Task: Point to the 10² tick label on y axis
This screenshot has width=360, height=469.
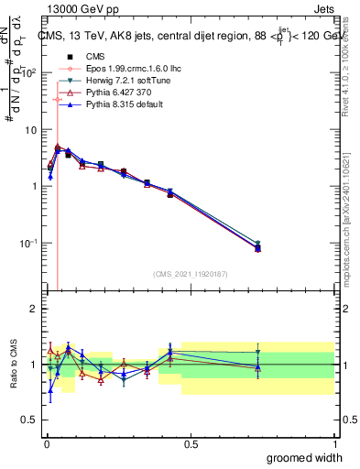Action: pyautogui.click(x=29, y=72)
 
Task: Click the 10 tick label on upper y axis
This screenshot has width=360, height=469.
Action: pyautogui.click(x=31, y=130)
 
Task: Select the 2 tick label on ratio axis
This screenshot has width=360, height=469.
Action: pyautogui.click(x=33, y=309)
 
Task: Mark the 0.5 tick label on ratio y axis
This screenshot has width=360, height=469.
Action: pyautogui.click(x=29, y=420)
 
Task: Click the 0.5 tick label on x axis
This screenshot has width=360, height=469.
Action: pyautogui.click(x=191, y=444)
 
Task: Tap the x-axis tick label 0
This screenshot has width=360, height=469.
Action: pyautogui.click(x=46, y=444)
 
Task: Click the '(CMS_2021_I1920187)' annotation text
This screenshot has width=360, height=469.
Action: pyautogui.click(x=190, y=273)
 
